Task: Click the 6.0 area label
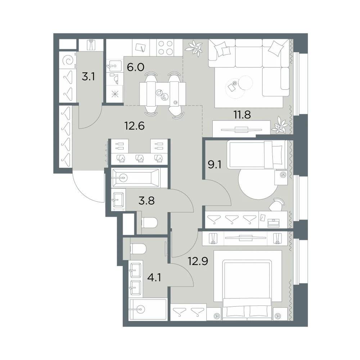click(135, 68)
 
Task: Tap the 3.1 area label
click(89, 76)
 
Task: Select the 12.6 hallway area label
click(134, 126)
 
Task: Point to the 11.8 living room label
click(242, 114)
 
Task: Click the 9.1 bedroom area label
click(215, 165)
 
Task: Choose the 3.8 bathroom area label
click(147, 201)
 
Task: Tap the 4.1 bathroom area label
click(154, 277)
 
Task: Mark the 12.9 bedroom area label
click(198, 261)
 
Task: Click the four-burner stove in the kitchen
click(166, 48)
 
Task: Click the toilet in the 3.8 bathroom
click(149, 222)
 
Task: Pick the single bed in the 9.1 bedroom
click(257, 154)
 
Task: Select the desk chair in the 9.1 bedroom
click(277, 204)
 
